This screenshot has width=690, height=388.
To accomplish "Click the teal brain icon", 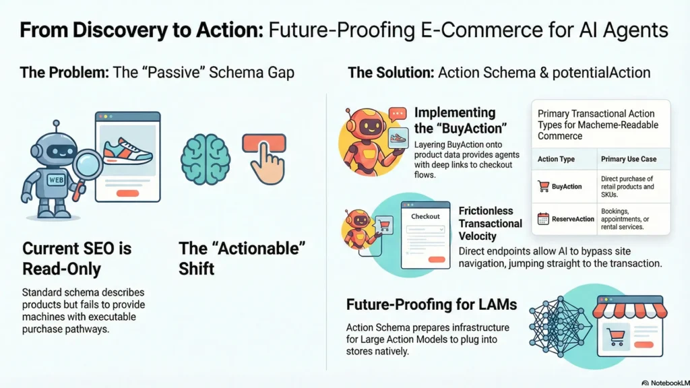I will coord(206,158).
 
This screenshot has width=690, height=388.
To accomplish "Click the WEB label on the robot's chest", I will coord(56,181).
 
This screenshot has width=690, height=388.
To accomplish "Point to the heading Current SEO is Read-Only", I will coord(77,259).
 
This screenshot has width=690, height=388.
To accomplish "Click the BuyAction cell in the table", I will coord(567,187).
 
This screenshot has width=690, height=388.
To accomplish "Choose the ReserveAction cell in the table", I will coord(573,219).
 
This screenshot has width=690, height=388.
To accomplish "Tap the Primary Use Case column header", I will coord(629,159).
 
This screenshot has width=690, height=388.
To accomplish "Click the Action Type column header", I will coord(556,159).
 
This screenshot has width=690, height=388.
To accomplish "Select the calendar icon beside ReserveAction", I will coord(543,218).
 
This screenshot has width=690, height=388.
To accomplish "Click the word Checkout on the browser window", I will coord(425,216).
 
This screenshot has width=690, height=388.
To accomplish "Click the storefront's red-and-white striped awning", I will coord(629,310).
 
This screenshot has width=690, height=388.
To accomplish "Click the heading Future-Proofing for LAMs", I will coord(431,304).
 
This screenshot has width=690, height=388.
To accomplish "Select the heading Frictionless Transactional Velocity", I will coord(490,223).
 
